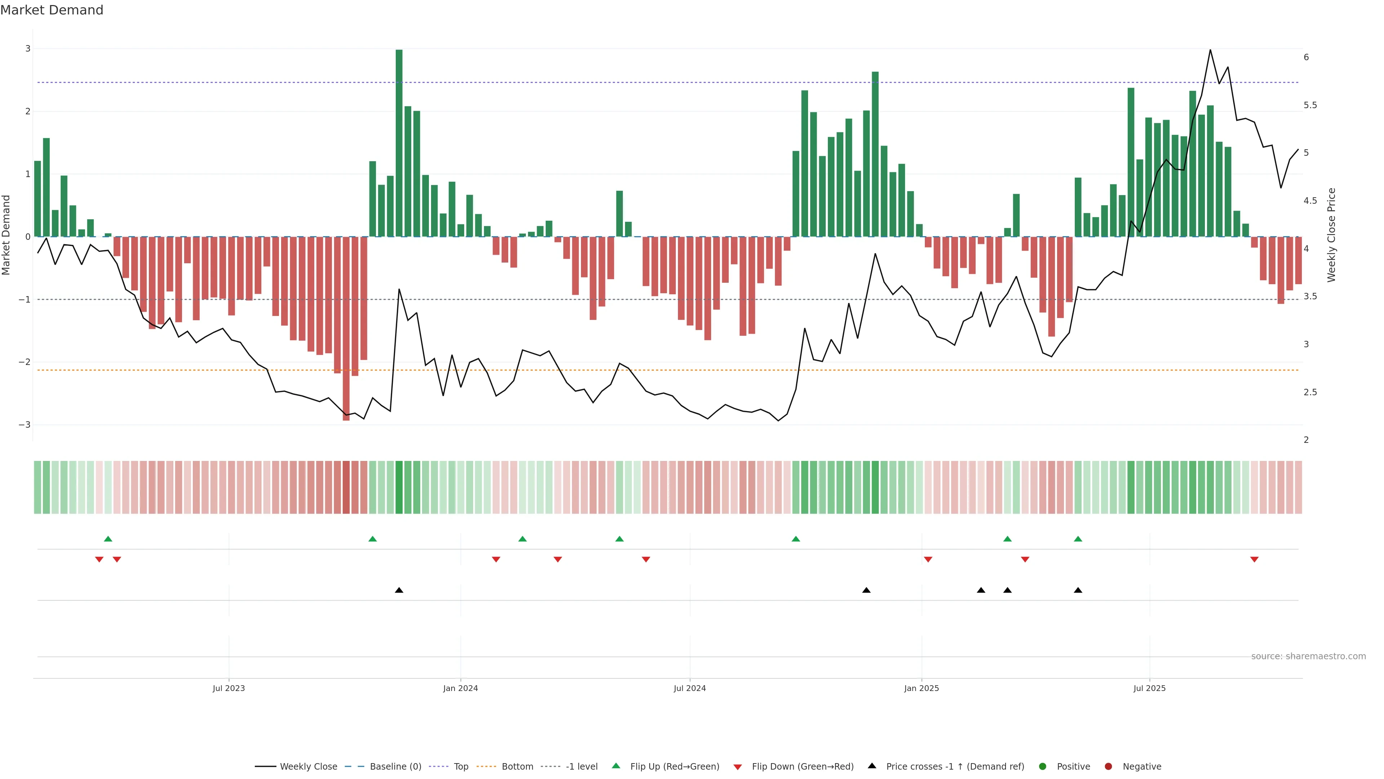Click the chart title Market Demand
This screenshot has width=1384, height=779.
(x=52, y=10)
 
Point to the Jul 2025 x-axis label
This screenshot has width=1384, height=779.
(x=1149, y=688)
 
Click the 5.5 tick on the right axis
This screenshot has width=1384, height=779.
(x=1310, y=105)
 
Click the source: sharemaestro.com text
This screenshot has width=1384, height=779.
(x=1308, y=656)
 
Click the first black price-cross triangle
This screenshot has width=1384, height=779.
(x=399, y=590)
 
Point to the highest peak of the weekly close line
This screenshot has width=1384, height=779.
(x=1210, y=50)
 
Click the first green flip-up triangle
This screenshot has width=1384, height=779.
(x=108, y=539)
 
